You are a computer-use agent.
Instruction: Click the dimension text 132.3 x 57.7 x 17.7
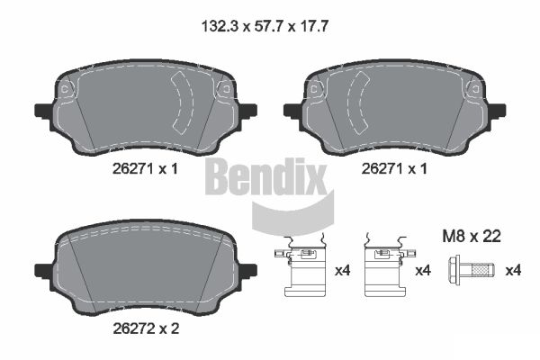pos(265,26)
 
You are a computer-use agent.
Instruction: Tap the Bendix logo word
pos(265,176)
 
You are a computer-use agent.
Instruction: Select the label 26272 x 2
pos(146,329)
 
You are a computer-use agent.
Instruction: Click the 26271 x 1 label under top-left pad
pos(145,169)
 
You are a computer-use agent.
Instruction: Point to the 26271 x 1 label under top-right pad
pos(394,169)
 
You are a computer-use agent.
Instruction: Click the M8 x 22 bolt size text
pos(472,237)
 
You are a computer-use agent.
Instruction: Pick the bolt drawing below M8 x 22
pos(472,270)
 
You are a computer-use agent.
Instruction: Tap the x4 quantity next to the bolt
pos(513,270)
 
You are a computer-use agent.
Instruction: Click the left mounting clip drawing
pos(301,267)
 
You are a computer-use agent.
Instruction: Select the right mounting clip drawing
pos(390,267)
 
